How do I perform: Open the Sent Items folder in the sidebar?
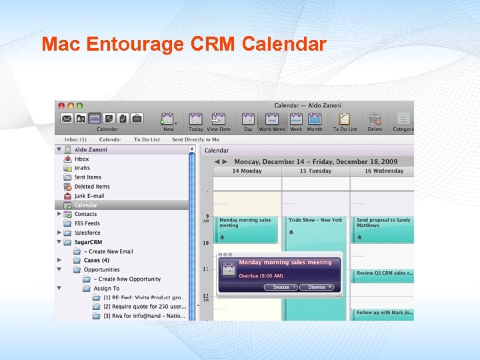tap(87, 177)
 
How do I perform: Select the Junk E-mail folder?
tap(89, 196)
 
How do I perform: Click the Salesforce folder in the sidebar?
tap(87, 233)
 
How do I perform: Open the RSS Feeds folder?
tap(87, 223)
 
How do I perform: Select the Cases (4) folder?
tap(96, 260)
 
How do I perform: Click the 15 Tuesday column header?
tap(315, 171)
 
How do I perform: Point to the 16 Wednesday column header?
tap(383, 171)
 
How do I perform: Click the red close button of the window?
tap(60, 105)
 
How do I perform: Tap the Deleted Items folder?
tap(92, 187)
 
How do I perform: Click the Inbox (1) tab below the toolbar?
tap(75, 139)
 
